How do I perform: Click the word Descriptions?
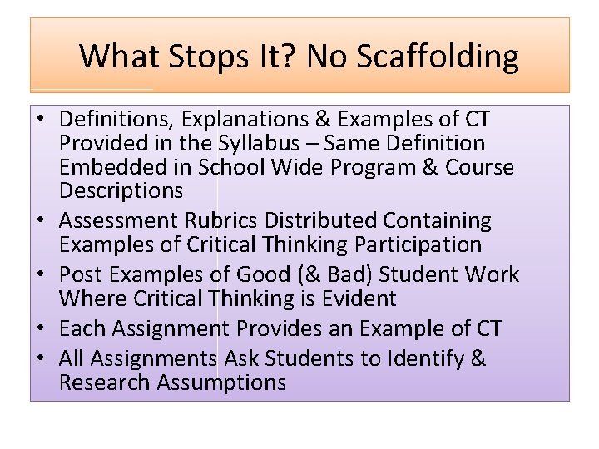pyautogui.click(x=121, y=190)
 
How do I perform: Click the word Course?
pyautogui.click(x=481, y=167)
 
